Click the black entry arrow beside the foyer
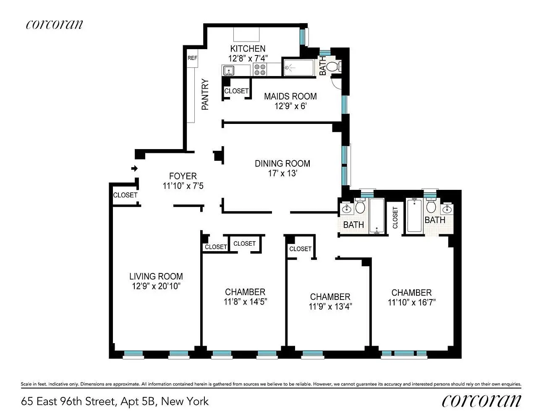point(134,168)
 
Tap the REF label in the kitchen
point(192,58)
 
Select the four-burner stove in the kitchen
point(259,69)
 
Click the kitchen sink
point(229,71)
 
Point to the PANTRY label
point(205,94)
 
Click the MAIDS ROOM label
point(290,97)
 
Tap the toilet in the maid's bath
point(333,67)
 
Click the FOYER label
point(183,176)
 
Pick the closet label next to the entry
point(125,195)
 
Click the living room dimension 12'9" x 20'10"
point(156,286)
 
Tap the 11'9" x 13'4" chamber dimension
point(330,307)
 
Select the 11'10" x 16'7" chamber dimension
point(412,302)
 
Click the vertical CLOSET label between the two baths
point(395,218)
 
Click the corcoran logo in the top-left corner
point(54,24)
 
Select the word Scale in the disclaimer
point(26,384)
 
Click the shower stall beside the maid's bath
point(298,67)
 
